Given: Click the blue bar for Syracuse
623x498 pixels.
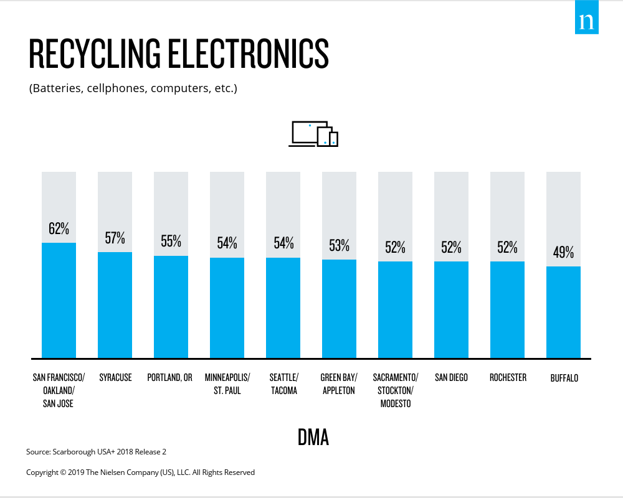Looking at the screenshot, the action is [x=115, y=305].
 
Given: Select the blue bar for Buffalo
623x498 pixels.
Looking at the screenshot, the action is [x=563, y=312].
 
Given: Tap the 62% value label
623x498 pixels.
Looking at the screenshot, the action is [x=59, y=228].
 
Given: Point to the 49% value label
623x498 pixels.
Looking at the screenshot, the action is [x=563, y=252].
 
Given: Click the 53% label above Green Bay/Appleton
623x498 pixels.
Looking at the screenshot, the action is [x=339, y=246].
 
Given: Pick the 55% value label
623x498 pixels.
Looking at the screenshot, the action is [x=171, y=241].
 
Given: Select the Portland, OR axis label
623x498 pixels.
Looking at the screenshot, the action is [x=169, y=378].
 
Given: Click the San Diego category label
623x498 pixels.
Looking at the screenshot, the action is [x=451, y=378].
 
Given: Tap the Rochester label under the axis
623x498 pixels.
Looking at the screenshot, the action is [x=508, y=378].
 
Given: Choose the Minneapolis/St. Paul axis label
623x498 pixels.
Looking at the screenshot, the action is [x=227, y=384].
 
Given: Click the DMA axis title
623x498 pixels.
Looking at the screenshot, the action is [x=313, y=438].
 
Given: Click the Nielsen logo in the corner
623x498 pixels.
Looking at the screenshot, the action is [x=586, y=17].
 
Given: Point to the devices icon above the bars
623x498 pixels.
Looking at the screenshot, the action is [x=313, y=134].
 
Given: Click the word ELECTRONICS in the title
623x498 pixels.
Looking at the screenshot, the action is [x=249, y=54].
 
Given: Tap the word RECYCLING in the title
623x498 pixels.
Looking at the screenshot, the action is [x=95, y=54].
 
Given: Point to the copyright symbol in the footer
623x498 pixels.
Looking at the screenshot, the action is [x=63, y=472].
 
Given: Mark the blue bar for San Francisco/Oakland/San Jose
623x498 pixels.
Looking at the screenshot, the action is [x=59, y=301].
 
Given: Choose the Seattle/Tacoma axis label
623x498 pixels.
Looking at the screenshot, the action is [x=283, y=384].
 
